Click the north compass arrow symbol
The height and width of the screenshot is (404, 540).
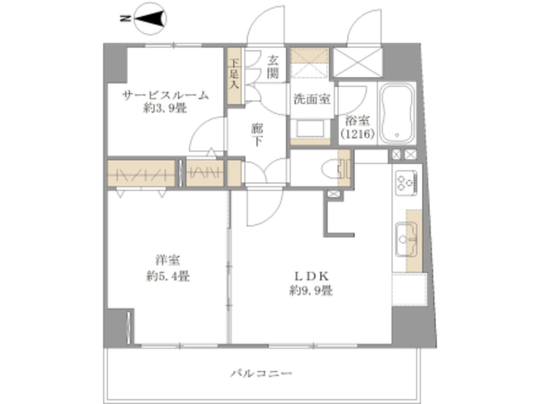tap(150, 19)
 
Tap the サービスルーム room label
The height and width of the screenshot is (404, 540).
tap(165, 95)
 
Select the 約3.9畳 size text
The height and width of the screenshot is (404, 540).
tap(165, 108)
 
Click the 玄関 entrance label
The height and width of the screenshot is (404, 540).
tap(273, 67)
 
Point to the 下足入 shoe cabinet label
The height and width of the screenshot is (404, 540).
tap(235, 74)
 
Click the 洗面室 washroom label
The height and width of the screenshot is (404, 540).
tap(312, 99)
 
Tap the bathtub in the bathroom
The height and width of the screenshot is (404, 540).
tap(398, 112)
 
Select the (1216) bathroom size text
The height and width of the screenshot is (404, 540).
tap(358, 133)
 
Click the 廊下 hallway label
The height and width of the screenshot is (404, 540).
tap(257, 134)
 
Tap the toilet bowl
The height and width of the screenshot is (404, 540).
tap(330, 169)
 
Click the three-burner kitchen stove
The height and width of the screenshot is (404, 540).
tap(406, 183)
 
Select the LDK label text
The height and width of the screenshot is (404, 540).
tap(311, 276)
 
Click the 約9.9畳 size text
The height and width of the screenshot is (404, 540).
tap(311, 291)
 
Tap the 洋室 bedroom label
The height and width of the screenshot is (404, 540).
tap(168, 260)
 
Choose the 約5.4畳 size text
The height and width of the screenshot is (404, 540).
tap(168, 276)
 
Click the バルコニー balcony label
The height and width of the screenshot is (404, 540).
tap(261, 373)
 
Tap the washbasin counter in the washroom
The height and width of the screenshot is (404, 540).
tap(310, 129)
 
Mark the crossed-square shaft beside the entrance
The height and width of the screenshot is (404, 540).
tap(358, 62)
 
